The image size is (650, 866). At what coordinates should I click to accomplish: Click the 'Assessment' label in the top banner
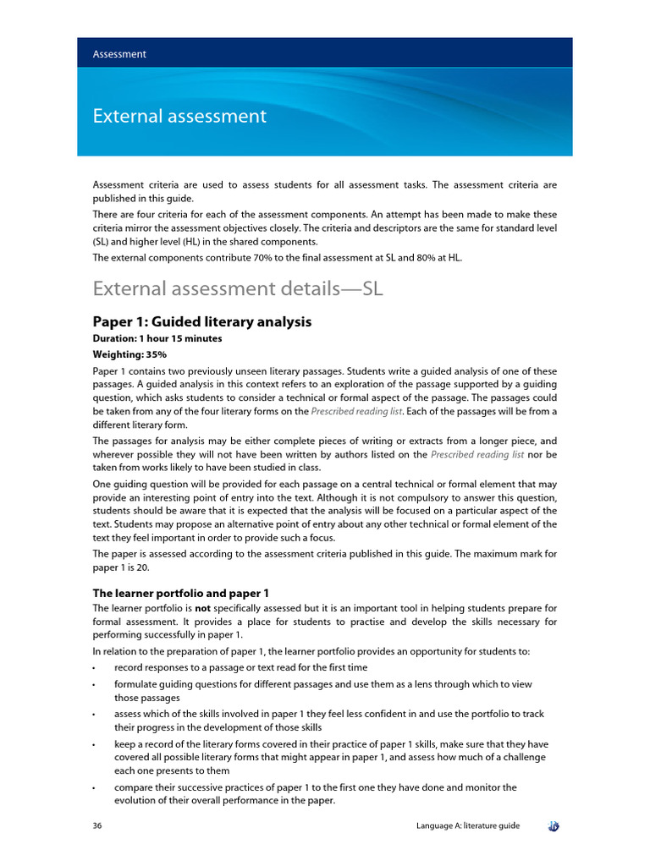pyautogui.click(x=119, y=54)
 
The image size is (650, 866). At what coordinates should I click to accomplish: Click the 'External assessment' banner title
pyautogui.click(x=179, y=116)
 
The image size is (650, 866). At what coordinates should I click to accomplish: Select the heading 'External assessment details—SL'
pyautogui.click(x=238, y=288)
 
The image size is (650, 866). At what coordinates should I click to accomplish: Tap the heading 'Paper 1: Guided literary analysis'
pyautogui.click(x=201, y=321)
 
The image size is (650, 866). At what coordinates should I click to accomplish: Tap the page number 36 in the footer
pyautogui.click(x=97, y=825)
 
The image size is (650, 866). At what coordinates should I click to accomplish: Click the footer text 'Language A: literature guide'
pyautogui.click(x=468, y=825)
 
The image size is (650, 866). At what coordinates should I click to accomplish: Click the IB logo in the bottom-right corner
pyautogui.click(x=554, y=825)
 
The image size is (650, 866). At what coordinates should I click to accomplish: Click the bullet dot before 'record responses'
pyautogui.click(x=94, y=668)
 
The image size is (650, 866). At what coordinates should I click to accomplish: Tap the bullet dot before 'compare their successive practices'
pyautogui.click(x=94, y=788)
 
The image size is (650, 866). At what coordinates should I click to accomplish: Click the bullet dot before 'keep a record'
pyautogui.click(x=94, y=744)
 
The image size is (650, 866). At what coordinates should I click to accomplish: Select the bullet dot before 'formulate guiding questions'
pyautogui.click(x=94, y=684)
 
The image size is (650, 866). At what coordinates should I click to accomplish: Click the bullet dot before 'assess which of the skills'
pyautogui.click(x=94, y=715)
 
